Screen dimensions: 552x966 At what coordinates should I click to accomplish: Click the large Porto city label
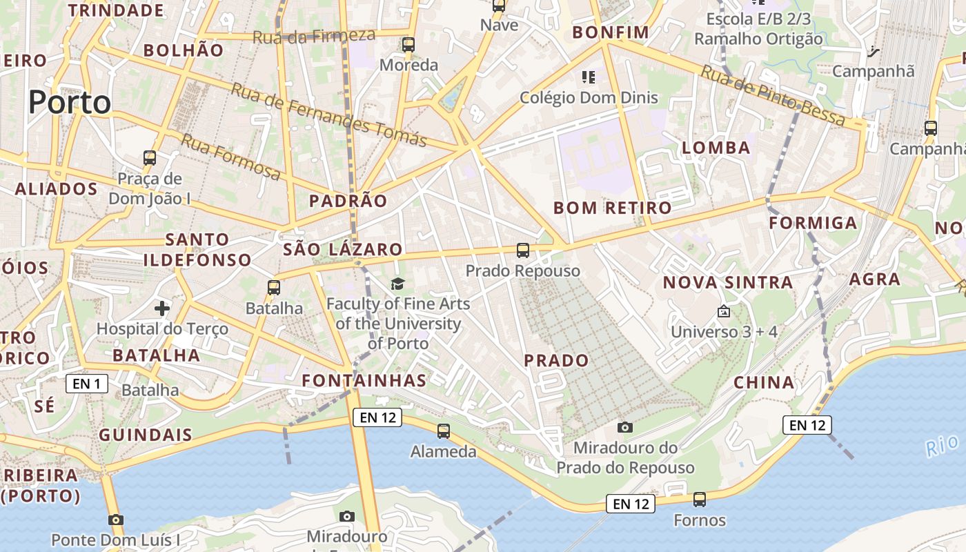tap(70, 103)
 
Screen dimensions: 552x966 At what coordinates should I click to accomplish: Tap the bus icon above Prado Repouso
tap(523, 250)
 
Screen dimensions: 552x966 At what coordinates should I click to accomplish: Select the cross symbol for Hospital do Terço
tap(162, 308)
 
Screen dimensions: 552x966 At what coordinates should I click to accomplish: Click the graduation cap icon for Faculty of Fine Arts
tap(397, 284)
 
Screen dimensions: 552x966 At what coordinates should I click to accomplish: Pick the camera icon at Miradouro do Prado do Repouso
tap(625, 428)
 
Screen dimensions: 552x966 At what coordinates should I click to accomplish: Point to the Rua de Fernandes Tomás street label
tap(329, 115)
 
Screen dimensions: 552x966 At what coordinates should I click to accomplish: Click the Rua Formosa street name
tap(230, 157)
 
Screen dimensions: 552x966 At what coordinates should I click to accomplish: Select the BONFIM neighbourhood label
tap(611, 32)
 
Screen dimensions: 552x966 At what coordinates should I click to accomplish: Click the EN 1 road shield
tap(87, 384)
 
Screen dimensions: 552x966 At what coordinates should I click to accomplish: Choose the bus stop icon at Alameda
tap(444, 431)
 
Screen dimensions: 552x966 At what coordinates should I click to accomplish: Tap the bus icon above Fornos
tap(700, 500)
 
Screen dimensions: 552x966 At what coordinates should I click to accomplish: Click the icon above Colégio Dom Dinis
tap(589, 77)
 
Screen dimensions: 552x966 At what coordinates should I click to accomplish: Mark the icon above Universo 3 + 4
tap(724, 312)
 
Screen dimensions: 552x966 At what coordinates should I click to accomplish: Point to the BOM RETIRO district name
tap(612, 208)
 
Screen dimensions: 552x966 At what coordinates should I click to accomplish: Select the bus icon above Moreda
tap(408, 45)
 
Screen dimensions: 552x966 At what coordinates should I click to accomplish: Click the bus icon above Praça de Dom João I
tap(150, 158)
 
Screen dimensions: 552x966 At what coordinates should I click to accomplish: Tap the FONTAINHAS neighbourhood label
tap(364, 380)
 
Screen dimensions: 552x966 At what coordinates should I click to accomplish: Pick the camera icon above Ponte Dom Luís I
tap(116, 520)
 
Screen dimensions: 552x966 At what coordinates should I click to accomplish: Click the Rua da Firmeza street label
tap(314, 36)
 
